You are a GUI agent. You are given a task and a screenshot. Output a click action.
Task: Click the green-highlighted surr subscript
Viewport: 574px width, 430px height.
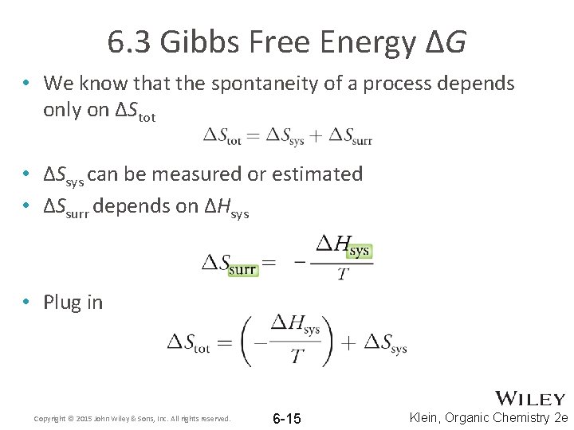point(242,269)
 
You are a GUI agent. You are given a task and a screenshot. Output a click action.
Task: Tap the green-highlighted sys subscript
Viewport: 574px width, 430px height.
point(360,250)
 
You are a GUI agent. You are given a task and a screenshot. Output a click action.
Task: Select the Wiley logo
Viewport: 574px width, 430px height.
point(530,399)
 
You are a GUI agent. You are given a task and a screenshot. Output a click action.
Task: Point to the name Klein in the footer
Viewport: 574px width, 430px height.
point(427,417)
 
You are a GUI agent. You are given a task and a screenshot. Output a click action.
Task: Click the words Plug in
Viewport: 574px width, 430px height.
point(73,302)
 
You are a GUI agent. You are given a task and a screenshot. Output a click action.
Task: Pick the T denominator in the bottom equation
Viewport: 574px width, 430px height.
point(297,356)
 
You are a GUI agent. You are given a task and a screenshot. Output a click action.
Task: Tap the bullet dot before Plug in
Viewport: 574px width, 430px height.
point(26,302)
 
